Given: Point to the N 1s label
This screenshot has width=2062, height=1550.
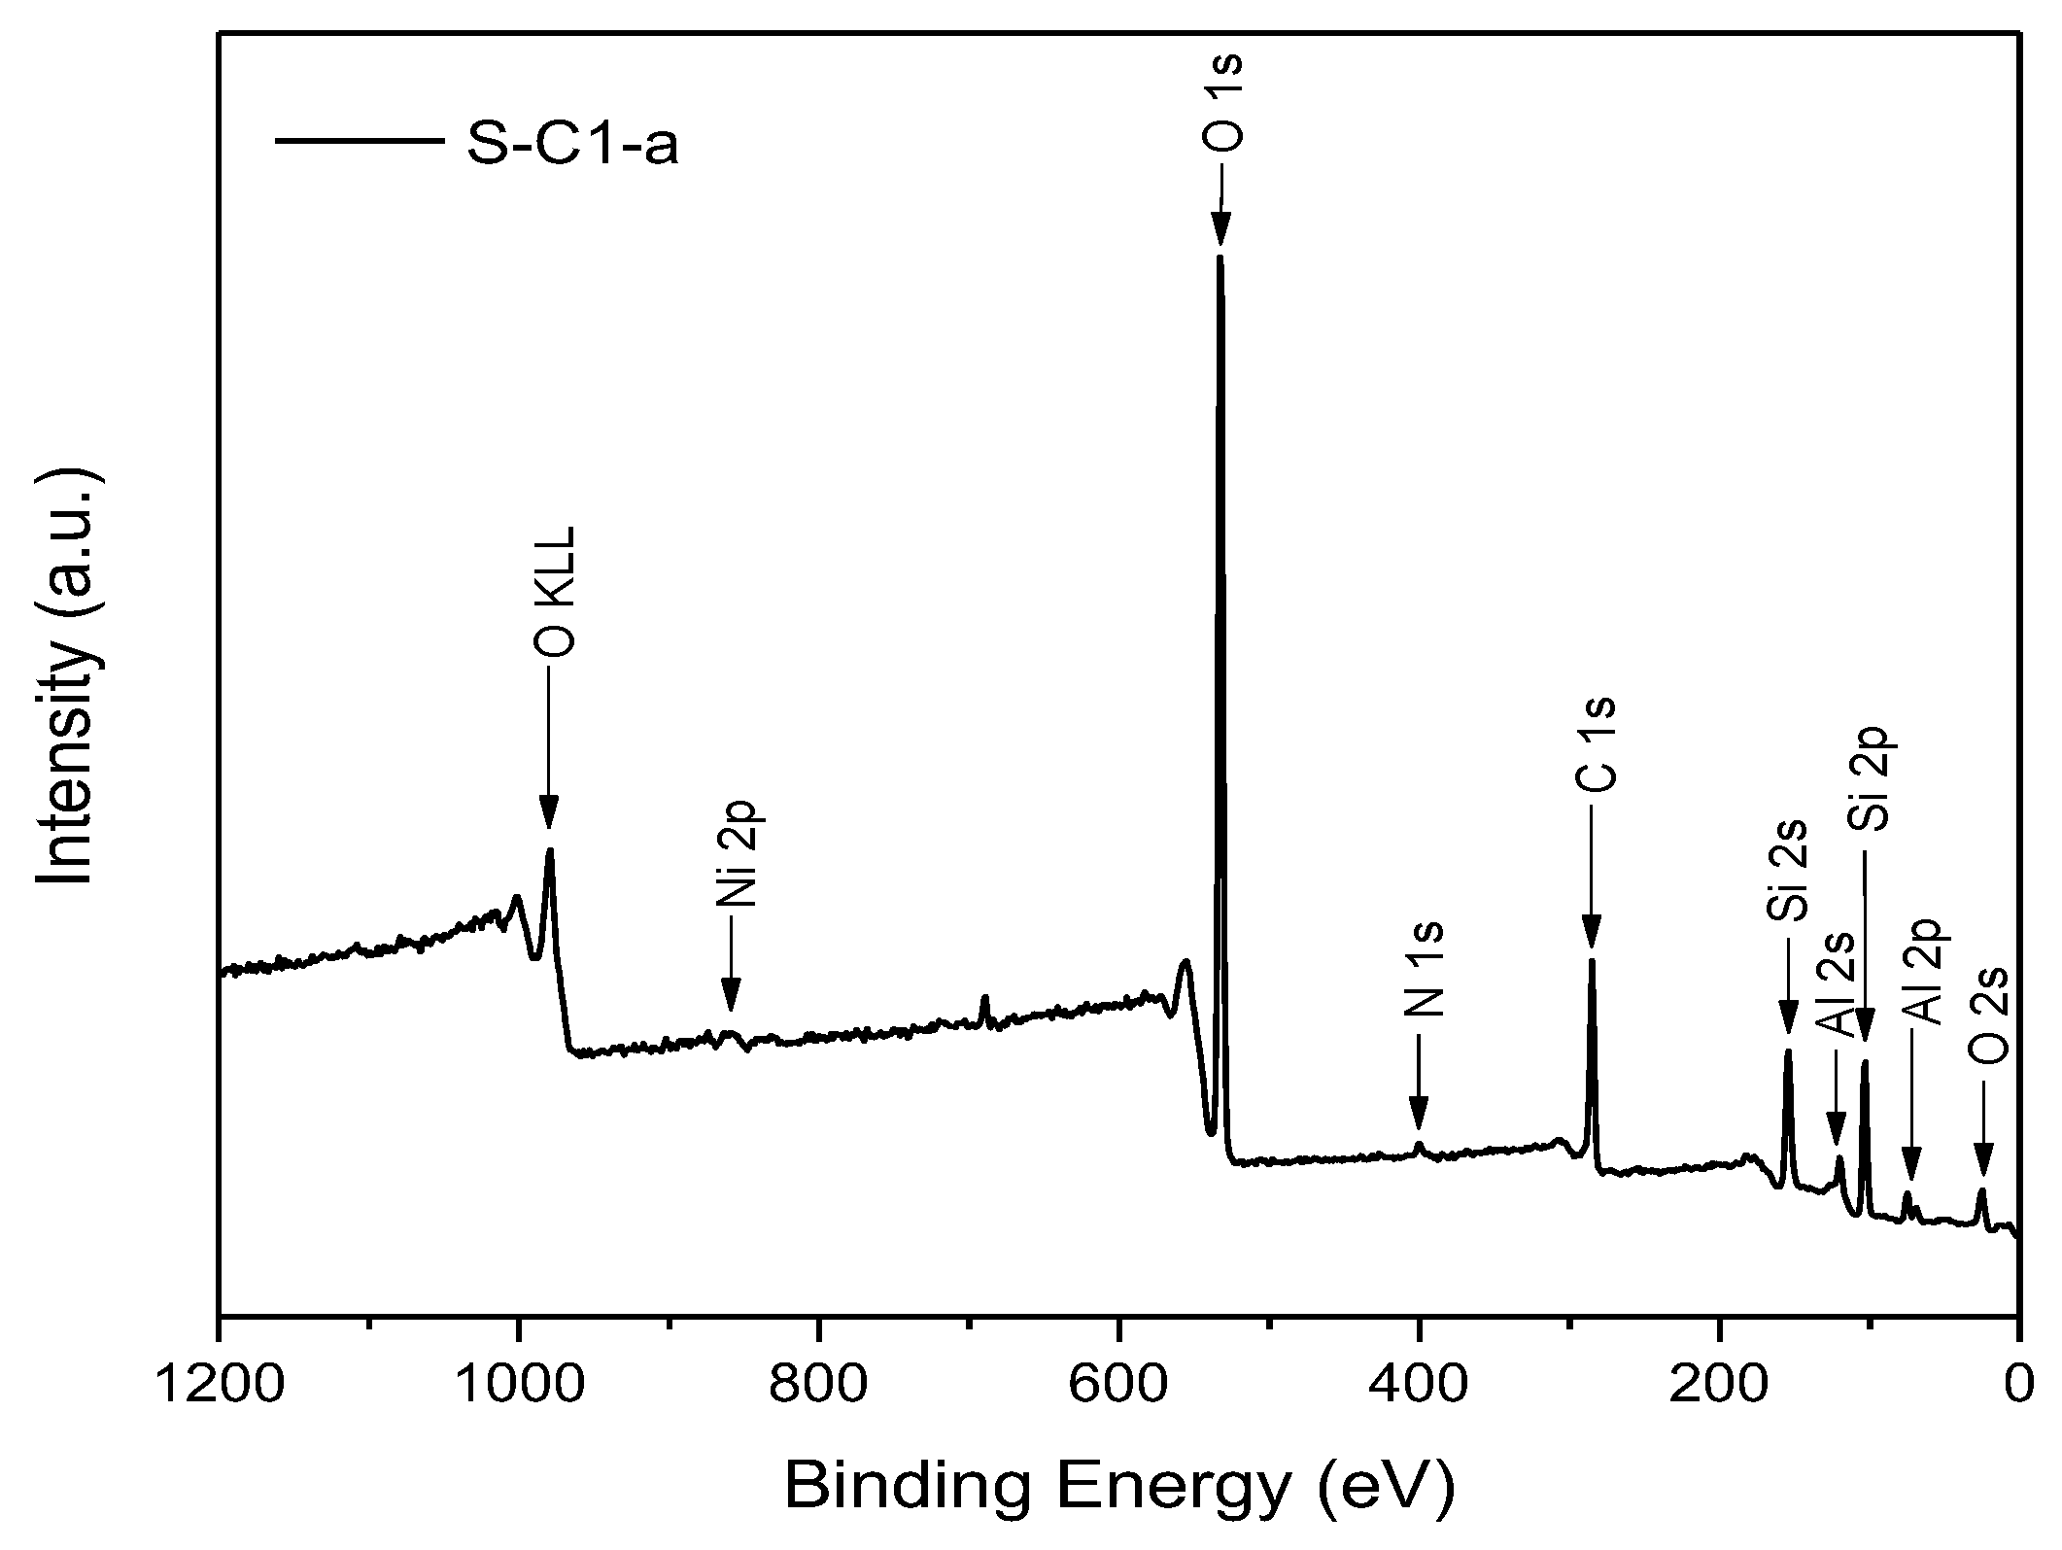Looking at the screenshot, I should tap(1425, 969).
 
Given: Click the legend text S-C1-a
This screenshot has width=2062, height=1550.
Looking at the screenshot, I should tap(572, 145).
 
